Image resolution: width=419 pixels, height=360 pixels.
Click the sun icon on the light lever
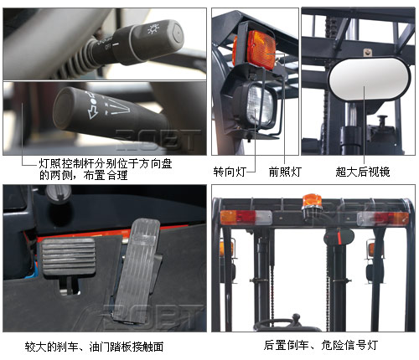coord(153,28)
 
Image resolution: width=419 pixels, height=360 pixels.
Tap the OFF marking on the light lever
coord(107,47)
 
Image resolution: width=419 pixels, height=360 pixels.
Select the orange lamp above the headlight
coord(255,50)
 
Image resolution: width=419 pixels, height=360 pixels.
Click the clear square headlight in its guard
coord(260,105)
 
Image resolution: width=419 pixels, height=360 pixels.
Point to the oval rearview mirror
coord(370,79)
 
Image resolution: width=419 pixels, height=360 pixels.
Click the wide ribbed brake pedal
coord(68,256)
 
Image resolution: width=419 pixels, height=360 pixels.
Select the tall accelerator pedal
coord(137,269)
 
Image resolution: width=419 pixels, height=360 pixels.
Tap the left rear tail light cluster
coord(246,218)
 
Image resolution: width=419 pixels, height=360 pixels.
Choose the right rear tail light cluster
coord(383,219)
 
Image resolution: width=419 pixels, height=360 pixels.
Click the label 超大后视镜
coord(363,172)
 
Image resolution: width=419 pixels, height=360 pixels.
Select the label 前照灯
coord(285,172)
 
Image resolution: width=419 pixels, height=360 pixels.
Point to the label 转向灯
coord(230,172)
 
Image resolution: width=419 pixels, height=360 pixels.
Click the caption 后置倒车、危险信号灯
coord(321,345)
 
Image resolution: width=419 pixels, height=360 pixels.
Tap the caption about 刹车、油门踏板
coord(94,347)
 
